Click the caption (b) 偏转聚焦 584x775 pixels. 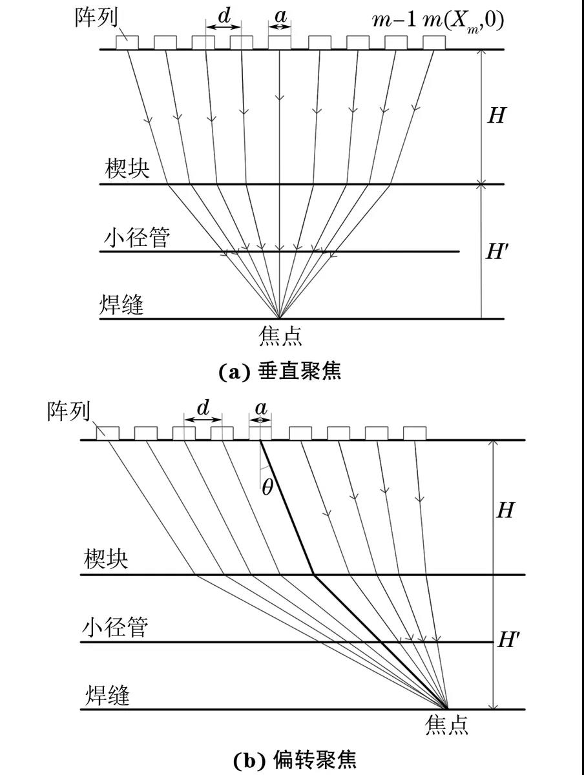294,759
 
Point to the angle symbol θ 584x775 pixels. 267,488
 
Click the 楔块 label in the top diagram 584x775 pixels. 127,169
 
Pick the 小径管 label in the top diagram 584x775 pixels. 137,238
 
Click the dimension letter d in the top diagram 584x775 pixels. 224,16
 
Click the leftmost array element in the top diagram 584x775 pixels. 127,42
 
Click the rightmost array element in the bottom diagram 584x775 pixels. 414,433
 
